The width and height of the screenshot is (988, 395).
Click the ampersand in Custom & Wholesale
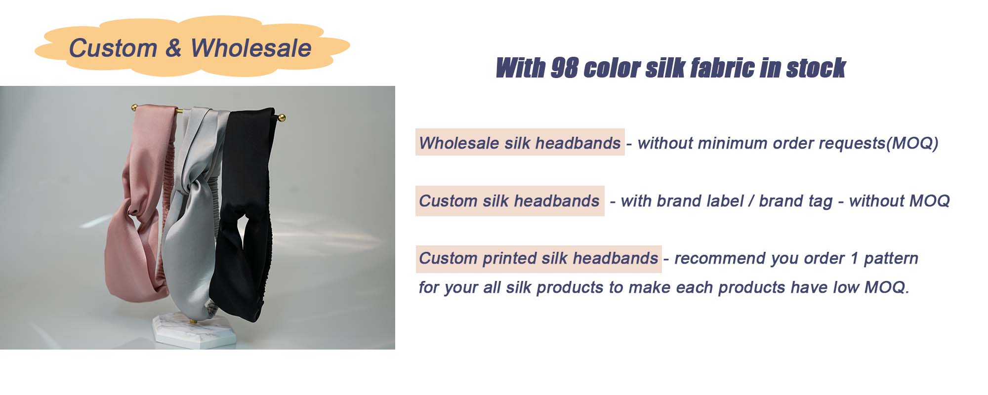coord(173,48)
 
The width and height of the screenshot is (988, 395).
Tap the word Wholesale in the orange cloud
coord(251,48)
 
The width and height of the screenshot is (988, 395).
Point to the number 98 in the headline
coord(564,68)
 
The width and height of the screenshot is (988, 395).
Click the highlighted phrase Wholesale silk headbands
coord(520,143)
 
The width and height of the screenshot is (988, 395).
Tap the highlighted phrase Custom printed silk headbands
coord(538,258)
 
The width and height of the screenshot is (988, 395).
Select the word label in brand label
coord(725,201)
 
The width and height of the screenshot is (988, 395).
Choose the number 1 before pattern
coord(854,258)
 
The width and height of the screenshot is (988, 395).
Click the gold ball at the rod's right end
coord(282,118)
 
